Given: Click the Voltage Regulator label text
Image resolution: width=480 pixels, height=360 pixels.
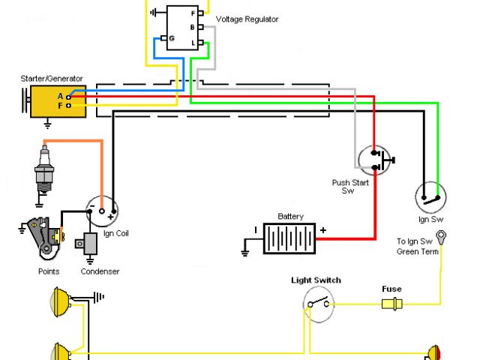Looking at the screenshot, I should click(247, 19).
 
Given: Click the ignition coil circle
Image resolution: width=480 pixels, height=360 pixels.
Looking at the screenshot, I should click(101, 209).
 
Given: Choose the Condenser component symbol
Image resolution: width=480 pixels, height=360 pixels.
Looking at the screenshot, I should click(91, 244).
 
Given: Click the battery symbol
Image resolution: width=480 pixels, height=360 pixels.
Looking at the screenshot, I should click(289, 239).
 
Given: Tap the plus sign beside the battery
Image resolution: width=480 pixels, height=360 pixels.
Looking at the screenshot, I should click(323, 229).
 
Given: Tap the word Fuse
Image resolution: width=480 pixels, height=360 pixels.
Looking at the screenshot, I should click(391, 289).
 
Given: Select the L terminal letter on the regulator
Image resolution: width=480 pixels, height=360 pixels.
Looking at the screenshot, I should click(193, 43).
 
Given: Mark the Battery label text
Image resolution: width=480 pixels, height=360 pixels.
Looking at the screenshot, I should click(290, 217).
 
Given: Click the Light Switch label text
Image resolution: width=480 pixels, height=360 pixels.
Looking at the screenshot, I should click(316, 280).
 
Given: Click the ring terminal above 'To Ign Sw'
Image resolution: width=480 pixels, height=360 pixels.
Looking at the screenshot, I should click(443, 237).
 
